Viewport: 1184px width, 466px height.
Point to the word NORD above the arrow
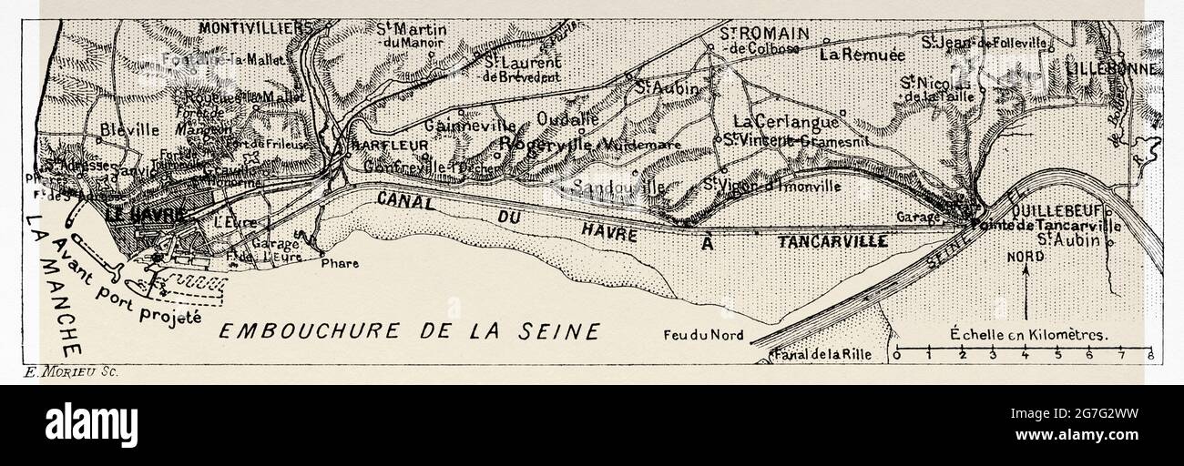pos(1025,257)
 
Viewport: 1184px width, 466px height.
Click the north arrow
pos(1026,291)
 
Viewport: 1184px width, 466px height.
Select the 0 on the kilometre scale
pos(897,356)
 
